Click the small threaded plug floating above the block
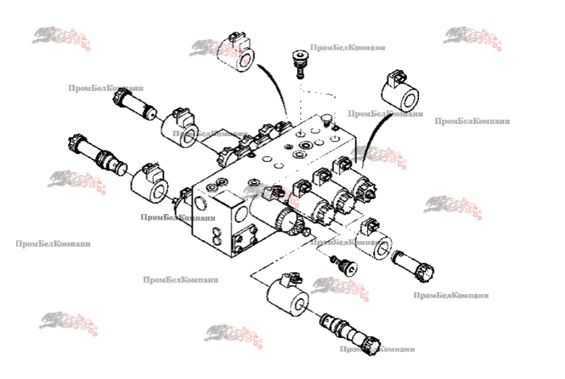click(x=298, y=63)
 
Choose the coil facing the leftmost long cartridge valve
click(x=150, y=184)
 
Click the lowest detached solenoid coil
click(x=286, y=296)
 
